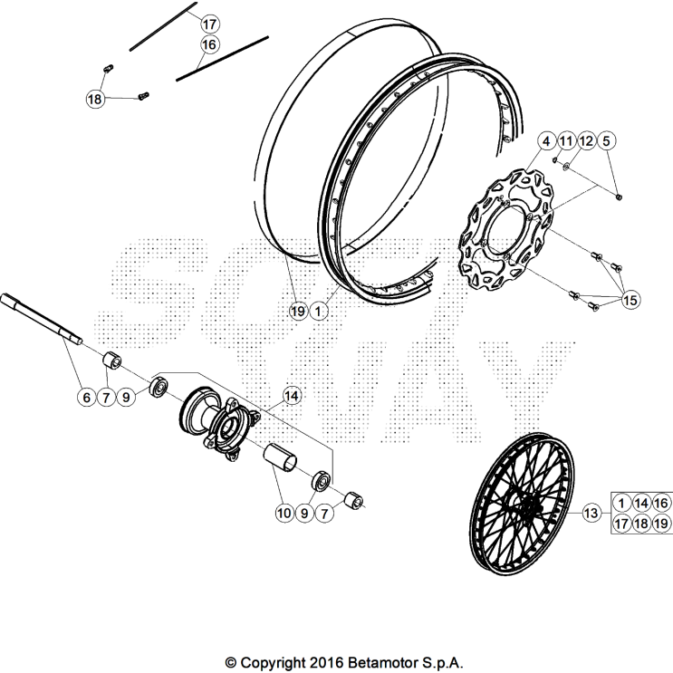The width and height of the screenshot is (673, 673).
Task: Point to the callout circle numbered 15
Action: [630, 299]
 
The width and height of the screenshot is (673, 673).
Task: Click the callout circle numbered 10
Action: [284, 513]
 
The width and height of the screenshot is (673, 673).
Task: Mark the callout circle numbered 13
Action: [591, 514]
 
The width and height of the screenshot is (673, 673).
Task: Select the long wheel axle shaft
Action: [41, 320]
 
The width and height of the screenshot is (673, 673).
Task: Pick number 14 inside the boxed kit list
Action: [642, 504]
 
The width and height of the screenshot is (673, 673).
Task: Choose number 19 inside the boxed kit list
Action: [662, 524]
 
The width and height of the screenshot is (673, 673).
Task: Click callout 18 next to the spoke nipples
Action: [95, 100]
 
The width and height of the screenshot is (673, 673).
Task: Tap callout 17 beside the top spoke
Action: [209, 24]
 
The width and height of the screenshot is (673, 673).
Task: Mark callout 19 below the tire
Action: [297, 311]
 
